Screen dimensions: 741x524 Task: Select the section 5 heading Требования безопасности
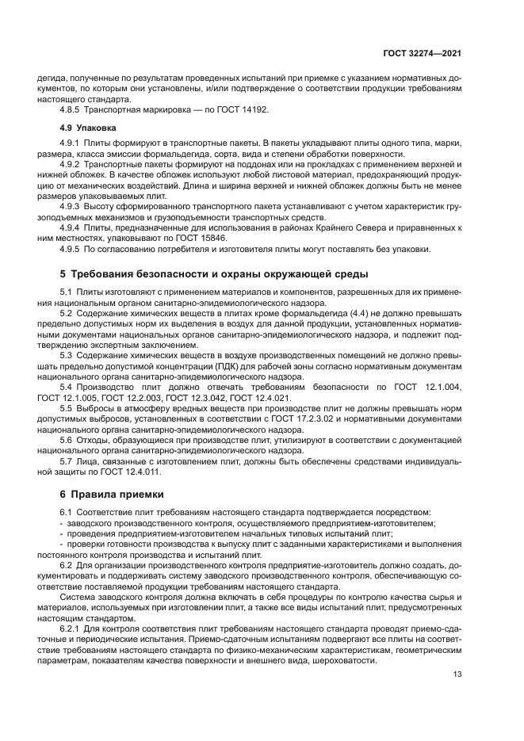214,274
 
